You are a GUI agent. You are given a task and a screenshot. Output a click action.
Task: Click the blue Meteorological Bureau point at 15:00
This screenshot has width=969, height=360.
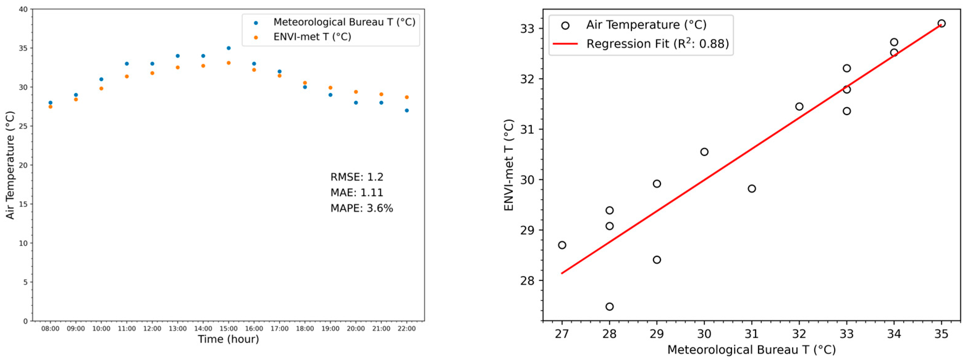pos(228,48)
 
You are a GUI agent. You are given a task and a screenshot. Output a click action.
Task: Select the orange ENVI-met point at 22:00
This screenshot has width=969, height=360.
pos(407,97)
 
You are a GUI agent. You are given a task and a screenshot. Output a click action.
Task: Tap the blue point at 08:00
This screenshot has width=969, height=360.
pos(50,103)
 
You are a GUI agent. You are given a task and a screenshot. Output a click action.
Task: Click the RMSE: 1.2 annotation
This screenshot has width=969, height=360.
pos(356,177)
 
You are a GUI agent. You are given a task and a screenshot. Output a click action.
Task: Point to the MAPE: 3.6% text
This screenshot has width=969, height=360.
pos(361,208)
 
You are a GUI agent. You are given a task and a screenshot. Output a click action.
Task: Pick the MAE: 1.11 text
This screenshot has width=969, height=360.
pos(356,193)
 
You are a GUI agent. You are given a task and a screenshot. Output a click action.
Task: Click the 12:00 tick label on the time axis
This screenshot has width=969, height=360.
pos(152,329)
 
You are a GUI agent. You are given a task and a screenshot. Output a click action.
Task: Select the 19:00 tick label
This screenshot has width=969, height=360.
pos(330,329)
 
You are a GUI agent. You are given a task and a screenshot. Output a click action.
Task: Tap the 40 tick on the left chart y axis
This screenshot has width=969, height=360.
pos(23,9)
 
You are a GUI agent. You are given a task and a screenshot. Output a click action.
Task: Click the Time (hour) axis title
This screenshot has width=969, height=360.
pos(228,339)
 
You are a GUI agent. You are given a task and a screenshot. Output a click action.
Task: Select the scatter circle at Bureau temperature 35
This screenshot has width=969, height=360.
pos(942,23)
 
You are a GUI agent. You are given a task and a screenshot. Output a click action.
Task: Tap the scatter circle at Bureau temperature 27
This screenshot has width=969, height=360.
pos(562,245)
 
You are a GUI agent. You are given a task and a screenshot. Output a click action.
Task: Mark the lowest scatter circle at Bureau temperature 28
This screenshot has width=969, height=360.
pos(609,307)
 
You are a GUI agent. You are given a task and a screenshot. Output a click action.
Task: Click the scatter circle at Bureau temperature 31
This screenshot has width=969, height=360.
pos(752,188)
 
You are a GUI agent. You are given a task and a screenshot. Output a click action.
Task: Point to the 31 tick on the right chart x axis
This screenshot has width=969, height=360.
pos(752,334)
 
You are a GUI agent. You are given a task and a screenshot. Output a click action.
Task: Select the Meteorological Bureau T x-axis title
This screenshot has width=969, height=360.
pos(751,350)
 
